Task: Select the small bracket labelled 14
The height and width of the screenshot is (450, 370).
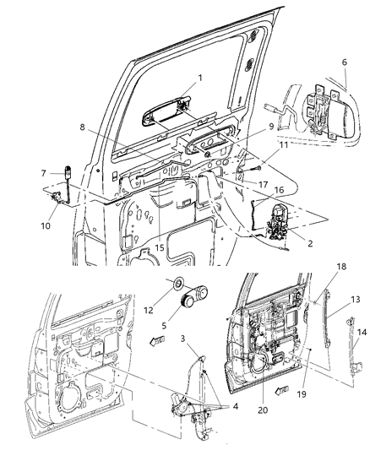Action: point(356,366)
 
